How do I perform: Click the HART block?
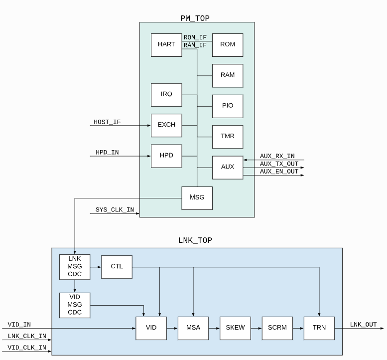click(x=166, y=45)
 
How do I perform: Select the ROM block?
click(x=228, y=45)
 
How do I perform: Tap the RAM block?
click(x=228, y=75)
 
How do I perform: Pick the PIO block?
click(x=228, y=106)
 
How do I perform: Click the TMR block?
click(x=228, y=136)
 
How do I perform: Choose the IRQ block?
click(x=166, y=94)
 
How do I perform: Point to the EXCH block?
click(x=166, y=125)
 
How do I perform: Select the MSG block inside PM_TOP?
click(x=197, y=198)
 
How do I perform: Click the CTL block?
click(x=116, y=267)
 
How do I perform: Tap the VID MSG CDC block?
click(x=74, y=305)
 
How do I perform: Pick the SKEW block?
click(x=235, y=328)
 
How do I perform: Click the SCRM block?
click(x=277, y=328)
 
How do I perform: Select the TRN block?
click(x=319, y=328)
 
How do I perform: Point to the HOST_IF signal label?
click(x=107, y=122)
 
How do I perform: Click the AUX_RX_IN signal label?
click(x=277, y=157)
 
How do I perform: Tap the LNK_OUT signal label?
click(x=363, y=325)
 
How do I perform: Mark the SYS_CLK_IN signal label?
click(x=115, y=210)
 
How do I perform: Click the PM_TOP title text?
click(x=195, y=18)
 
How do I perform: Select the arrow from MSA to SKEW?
click(x=214, y=328)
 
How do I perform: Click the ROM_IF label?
click(x=195, y=37)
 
